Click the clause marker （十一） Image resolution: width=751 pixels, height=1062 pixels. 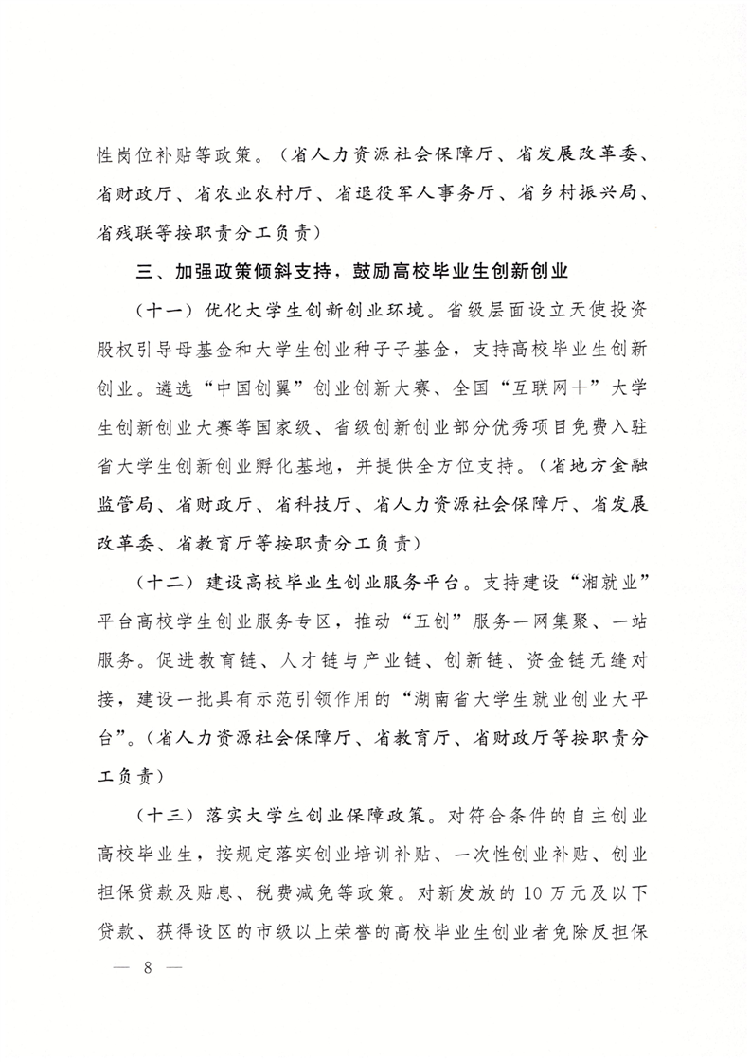(167, 311)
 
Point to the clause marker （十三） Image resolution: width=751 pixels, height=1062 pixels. (167, 815)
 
